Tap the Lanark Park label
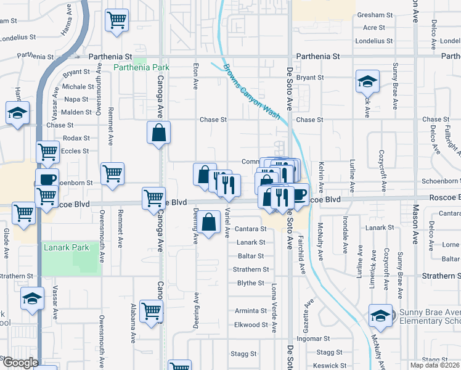coord(66,248)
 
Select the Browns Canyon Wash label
coord(251,92)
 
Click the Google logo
coord(20,363)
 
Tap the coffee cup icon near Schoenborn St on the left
coord(47,179)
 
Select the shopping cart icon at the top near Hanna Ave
coord(116,20)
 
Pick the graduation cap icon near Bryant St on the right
coord(367,81)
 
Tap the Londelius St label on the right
coord(374,41)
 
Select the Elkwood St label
coord(251,325)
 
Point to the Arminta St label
coord(250,311)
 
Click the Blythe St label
coord(251,284)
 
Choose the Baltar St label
coord(251,256)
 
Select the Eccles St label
coord(76,151)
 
